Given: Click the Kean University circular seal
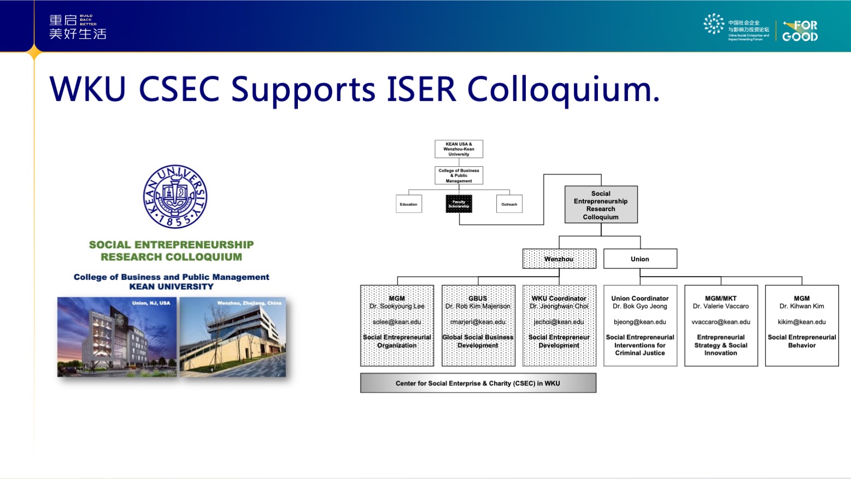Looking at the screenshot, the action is tap(175, 197).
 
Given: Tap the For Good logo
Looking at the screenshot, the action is tap(800, 31).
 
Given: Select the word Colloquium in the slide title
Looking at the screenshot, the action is tap(563, 89).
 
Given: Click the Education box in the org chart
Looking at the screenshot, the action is tap(408, 204).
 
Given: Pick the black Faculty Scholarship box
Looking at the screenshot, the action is tap(459, 204).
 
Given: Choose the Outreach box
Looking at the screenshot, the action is tap(509, 204).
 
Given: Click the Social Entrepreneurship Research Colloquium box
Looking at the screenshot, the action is tap(601, 205).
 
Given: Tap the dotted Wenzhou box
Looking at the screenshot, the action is tap(559, 259).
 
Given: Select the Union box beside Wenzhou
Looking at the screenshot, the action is tap(640, 259).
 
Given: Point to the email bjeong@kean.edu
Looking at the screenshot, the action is tap(640, 322).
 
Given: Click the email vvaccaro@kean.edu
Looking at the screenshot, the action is tap(721, 322).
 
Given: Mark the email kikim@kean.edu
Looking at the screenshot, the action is tap(802, 322).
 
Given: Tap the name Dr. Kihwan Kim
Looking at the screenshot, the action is tap(802, 306).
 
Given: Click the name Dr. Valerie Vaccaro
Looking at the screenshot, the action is tap(721, 306).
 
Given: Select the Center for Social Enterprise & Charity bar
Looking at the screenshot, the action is tap(478, 383).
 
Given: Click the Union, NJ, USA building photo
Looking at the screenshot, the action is tap(117, 337).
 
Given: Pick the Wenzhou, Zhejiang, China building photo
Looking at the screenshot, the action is tap(233, 337).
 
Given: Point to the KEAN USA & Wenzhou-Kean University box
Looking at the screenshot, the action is tap(459, 149).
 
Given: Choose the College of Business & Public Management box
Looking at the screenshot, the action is tap(459, 176).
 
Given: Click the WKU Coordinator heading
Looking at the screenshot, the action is tap(559, 299).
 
